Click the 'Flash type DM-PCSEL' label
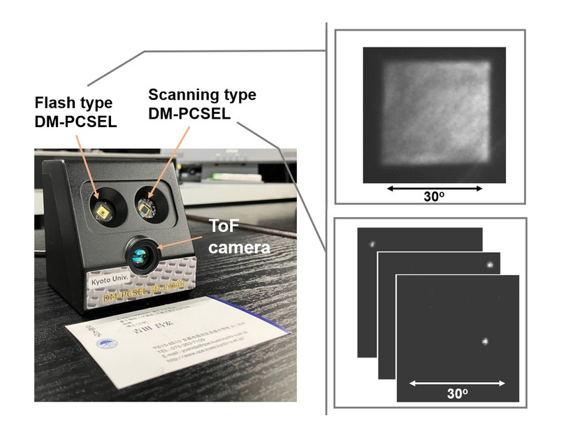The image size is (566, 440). (x=75, y=113)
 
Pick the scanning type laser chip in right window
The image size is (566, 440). (x=147, y=205)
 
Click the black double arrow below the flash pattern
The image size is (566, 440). (x=434, y=188)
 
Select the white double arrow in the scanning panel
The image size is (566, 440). (x=457, y=383)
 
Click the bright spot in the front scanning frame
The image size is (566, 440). (x=485, y=342)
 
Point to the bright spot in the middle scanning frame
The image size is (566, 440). (x=490, y=265)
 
